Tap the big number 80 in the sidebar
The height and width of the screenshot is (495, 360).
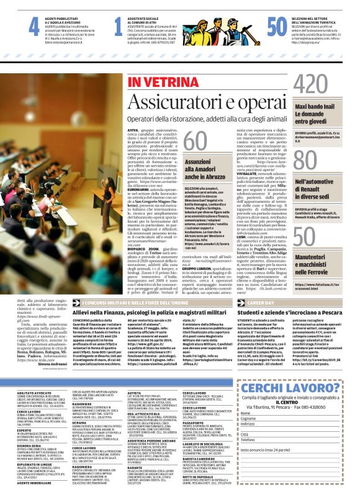click(306, 162)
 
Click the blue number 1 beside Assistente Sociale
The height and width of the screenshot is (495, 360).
click(118, 26)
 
